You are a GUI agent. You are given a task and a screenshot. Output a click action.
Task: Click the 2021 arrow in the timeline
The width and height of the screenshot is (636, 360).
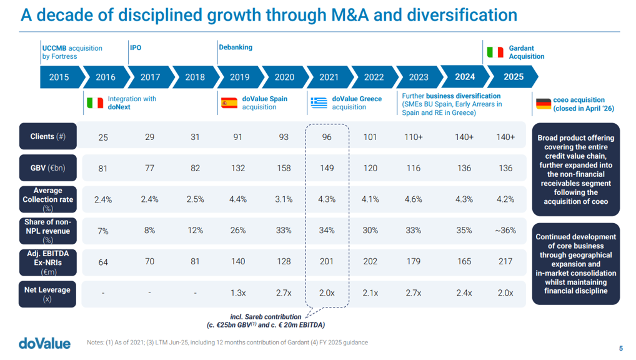click(329, 77)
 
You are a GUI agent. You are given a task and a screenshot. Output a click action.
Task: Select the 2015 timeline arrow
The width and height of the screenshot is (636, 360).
click(59, 77)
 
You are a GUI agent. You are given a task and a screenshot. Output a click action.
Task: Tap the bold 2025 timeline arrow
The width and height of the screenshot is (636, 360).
click(514, 77)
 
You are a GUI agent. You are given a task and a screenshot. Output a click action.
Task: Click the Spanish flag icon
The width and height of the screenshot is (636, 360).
click(229, 103)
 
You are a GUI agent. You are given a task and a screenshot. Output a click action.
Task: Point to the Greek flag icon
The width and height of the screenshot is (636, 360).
click(319, 103)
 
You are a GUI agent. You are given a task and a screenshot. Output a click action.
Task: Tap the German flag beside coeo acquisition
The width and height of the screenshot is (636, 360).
click(544, 104)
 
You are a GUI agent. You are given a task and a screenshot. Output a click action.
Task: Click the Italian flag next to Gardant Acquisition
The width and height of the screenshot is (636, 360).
click(495, 52)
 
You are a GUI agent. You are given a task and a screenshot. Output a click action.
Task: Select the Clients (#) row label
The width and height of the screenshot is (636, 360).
click(48, 136)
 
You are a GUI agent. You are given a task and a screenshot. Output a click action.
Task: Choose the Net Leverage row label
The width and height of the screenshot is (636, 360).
click(47, 294)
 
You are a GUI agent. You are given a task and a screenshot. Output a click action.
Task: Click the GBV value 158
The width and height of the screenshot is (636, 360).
click(284, 168)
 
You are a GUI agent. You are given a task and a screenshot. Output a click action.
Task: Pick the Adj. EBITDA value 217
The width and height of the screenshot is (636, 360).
click(505, 261)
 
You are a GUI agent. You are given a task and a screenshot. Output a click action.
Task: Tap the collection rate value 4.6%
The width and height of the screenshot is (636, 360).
click(414, 199)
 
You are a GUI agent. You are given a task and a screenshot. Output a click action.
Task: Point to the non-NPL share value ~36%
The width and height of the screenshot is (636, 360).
click(505, 231)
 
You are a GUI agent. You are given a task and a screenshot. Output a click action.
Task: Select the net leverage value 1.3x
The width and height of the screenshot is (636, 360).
click(238, 292)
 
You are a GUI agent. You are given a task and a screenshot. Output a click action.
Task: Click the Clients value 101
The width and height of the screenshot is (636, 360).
click(370, 137)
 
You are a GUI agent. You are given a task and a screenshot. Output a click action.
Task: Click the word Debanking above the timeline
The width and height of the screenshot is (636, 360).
click(236, 47)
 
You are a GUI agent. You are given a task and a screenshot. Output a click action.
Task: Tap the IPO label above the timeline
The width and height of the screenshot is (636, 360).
click(136, 47)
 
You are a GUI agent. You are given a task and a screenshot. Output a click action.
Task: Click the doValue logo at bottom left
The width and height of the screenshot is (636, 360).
click(44, 343)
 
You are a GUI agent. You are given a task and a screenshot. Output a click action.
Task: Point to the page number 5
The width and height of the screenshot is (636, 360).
click(621, 348)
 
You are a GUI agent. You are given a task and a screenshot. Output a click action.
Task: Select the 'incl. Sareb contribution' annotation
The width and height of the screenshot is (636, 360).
click(266, 317)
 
